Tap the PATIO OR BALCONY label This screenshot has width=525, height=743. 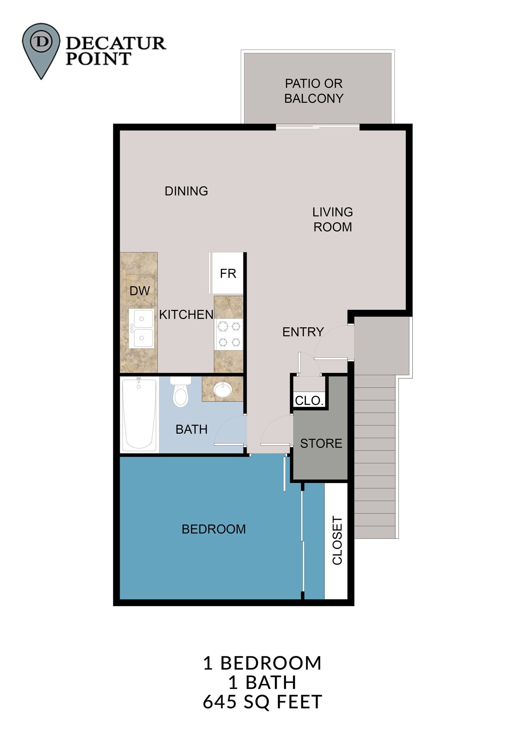314,91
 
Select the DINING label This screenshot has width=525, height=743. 186,191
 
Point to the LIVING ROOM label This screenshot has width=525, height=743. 332,219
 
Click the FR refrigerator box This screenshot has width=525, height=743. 228,273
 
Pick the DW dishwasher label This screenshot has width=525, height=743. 140,291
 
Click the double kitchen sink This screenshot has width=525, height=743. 141,328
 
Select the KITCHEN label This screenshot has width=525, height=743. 186,315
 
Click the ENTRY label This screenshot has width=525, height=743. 303,332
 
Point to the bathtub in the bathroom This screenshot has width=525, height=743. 139,414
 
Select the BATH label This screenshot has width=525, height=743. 191,430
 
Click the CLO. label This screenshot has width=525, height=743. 309,401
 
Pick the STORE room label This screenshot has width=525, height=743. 321,443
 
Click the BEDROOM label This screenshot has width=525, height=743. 214,529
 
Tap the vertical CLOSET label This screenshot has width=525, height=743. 337,541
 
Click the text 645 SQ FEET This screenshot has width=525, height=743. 262,702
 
